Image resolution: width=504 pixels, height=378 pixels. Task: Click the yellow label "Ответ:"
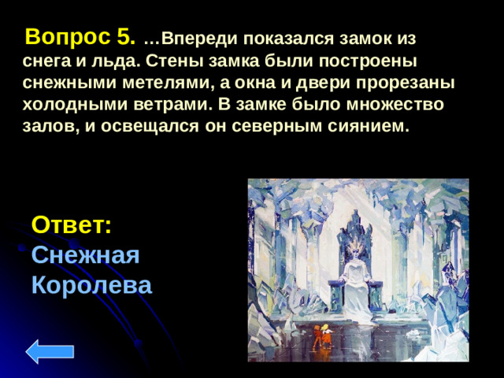tap(72, 224)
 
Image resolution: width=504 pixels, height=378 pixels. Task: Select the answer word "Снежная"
tap(86, 254)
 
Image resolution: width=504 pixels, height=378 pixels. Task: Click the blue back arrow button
tap(50, 351)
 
